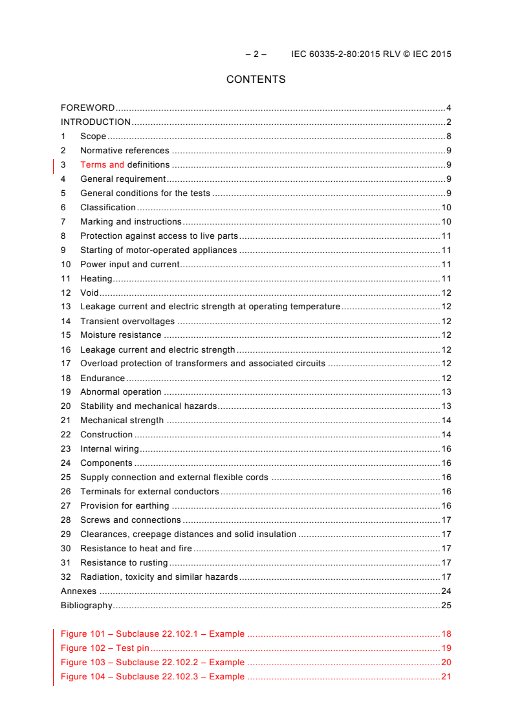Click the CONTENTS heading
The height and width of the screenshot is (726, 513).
[x=256, y=80]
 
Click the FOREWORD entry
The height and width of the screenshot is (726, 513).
[x=87, y=108]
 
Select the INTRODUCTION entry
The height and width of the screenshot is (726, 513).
[x=96, y=122]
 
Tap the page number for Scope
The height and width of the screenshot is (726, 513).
[x=448, y=137]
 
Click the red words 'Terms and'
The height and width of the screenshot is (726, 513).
[x=102, y=165]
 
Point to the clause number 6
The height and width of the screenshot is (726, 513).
[x=63, y=208]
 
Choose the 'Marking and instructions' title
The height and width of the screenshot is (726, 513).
[x=131, y=222]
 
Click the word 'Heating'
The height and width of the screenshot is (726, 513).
[x=96, y=279]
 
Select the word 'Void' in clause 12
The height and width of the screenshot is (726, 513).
[x=89, y=293]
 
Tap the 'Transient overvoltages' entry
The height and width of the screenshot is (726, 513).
[x=127, y=322]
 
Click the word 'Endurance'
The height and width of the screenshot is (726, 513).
[x=102, y=379]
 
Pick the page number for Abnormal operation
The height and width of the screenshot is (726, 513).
[x=446, y=392]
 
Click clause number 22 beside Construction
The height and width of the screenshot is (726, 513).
[x=66, y=435]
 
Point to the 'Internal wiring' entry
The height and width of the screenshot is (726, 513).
[x=109, y=449]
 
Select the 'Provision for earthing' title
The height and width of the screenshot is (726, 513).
[x=124, y=506]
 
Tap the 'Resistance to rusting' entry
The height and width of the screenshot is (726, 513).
[x=124, y=563]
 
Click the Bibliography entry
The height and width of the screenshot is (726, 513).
[x=87, y=606]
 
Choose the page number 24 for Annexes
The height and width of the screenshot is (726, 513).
[x=446, y=591]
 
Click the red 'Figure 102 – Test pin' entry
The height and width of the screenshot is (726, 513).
[x=105, y=648]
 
